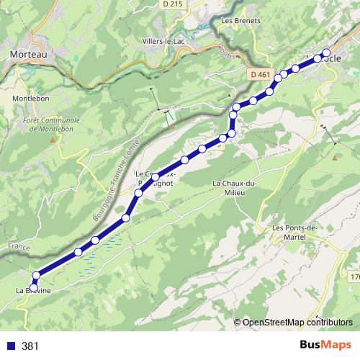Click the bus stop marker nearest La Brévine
tap(33, 288)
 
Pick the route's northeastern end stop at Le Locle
tap(326, 53)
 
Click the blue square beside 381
tap(11, 346)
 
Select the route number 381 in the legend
tap(30, 346)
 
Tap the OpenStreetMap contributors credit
tap(297, 323)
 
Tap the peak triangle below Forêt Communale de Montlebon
tap(51, 138)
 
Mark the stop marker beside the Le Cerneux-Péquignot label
tap(156, 176)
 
